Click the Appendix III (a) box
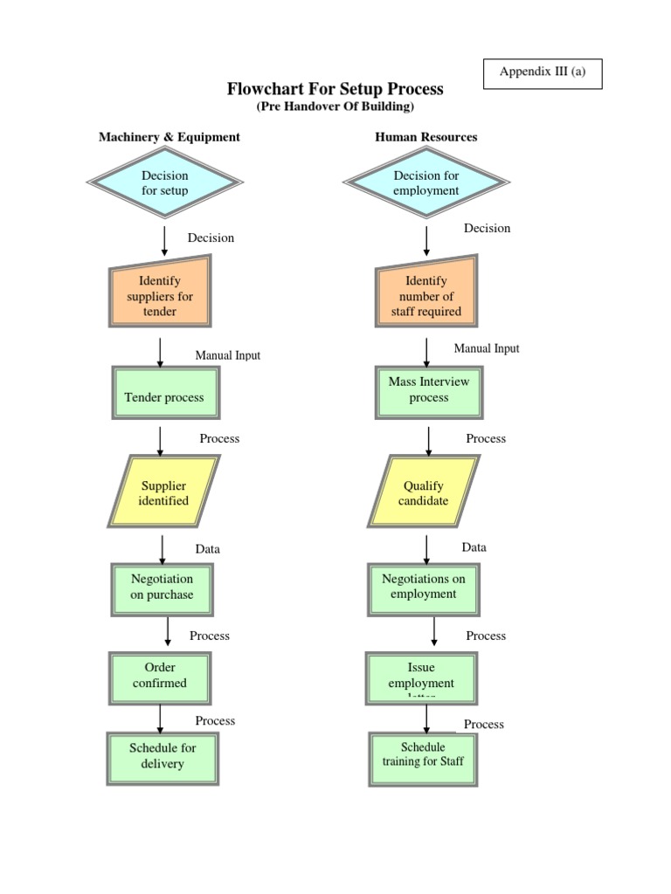tap(542, 73)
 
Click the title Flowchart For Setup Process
tap(335, 89)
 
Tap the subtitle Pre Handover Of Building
tap(335, 107)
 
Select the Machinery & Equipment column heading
tap(169, 137)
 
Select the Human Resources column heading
tap(426, 137)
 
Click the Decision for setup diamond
tap(164, 183)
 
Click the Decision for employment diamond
tap(426, 183)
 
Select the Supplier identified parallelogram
tap(164, 493)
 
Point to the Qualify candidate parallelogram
tap(425, 493)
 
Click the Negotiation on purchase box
tap(163, 587)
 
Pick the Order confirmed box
tap(160, 676)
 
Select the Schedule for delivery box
tap(163, 756)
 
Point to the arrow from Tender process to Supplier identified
tap(160, 440)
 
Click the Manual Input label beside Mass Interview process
tap(486, 348)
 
